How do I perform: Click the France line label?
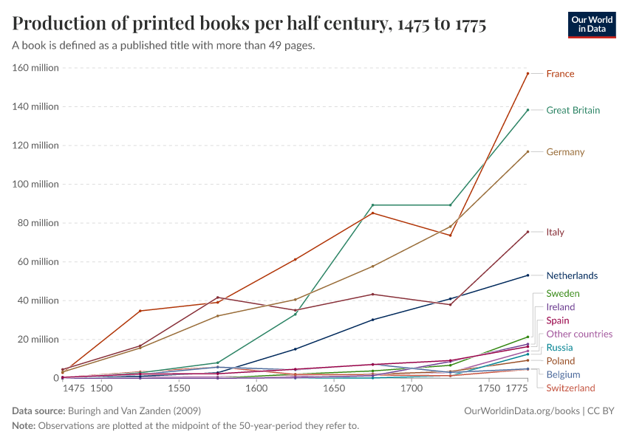(560, 74)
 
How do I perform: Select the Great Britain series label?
(573, 111)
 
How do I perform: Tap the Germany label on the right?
(565, 153)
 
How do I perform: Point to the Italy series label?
(555, 233)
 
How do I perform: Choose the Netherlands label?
(572, 276)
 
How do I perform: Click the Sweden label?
(563, 294)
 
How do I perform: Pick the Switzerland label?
(570, 388)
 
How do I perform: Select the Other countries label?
(579, 334)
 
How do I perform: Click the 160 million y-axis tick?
(35, 68)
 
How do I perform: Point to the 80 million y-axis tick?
(38, 223)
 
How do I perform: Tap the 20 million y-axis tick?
(38, 340)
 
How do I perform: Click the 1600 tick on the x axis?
(256, 388)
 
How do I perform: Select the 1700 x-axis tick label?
(412, 388)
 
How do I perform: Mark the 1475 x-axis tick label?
(73, 388)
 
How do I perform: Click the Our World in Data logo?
(592, 24)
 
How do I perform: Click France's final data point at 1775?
(528, 73)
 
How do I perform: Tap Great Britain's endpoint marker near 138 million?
(528, 110)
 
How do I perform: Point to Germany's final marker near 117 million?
(528, 151)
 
